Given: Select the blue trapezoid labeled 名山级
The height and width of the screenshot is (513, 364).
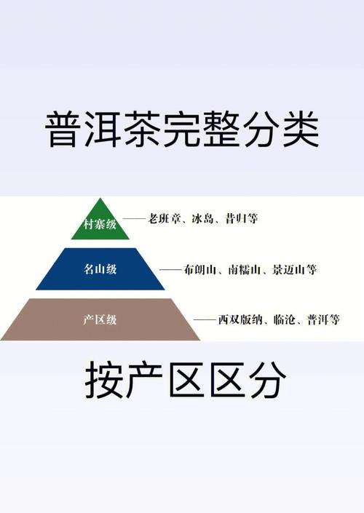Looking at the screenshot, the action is (100, 269).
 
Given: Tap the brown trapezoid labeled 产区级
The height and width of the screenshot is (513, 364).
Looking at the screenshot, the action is (100, 319).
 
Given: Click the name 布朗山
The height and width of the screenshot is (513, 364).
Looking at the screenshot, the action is (200, 270).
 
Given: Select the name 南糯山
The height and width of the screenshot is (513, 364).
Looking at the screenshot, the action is (244, 270).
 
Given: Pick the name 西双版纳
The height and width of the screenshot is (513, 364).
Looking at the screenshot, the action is (240, 319).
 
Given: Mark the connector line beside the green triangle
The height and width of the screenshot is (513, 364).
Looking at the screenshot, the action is (134, 218).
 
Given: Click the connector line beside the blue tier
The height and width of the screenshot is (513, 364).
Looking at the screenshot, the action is (170, 270).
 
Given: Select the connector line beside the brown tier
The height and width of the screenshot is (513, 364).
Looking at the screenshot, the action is (205, 319).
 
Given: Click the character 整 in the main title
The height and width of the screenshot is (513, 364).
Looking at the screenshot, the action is (221, 129).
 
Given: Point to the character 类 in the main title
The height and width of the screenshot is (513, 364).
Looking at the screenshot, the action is (301, 129).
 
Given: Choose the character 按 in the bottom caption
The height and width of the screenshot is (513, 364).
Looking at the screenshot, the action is (104, 379).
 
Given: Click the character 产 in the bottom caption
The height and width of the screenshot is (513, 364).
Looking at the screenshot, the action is (144, 379).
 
